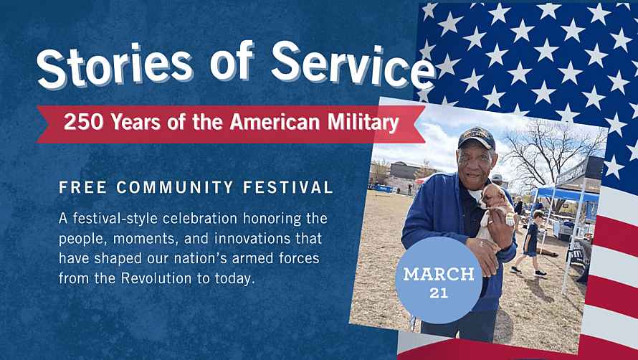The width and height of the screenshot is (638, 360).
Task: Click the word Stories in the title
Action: tap(114, 65)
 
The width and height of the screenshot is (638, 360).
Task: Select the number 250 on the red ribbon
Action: tap(84, 122)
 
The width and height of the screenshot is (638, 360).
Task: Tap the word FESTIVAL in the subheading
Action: tap(288, 187)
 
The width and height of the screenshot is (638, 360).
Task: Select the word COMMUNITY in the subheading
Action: tap(175, 187)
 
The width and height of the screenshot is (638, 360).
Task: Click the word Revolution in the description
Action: tap(156, 278)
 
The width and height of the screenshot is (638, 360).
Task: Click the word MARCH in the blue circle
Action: tap(439, 275)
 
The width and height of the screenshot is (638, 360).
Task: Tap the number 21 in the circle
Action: tap(439, 293)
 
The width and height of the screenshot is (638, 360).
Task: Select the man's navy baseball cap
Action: tap(477, 138)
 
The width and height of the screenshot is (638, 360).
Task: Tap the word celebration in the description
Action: tap(200, 218)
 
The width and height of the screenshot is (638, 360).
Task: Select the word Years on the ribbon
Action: tap(136, 122)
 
